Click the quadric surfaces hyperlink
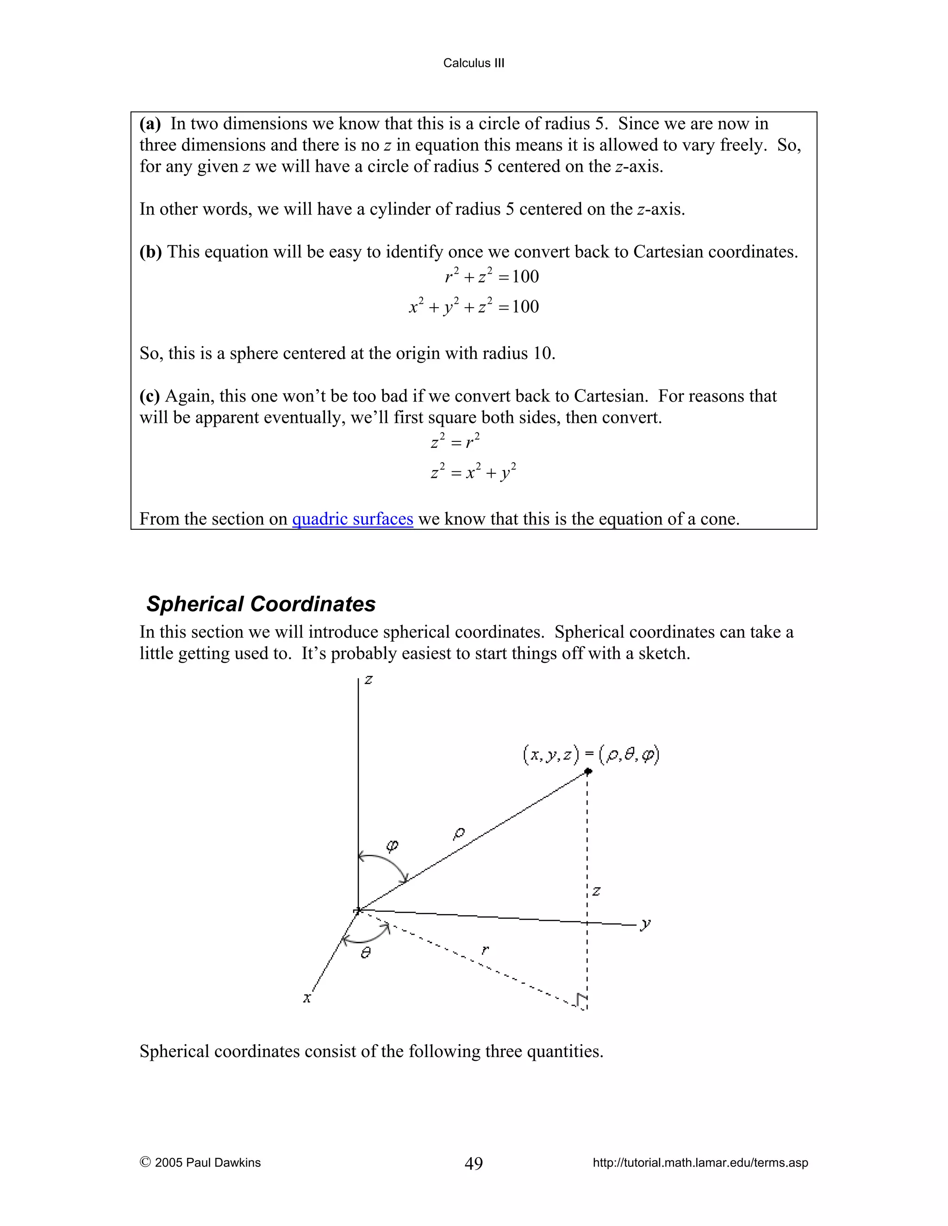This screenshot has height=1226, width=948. [x=352, y=519]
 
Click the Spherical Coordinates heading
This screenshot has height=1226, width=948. [x=261, y=604]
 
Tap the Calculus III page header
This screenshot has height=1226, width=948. [x=474, y=63]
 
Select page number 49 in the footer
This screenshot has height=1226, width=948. [x=474, y=1163]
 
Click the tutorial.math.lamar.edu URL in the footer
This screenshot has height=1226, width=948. [x=700, y=1163]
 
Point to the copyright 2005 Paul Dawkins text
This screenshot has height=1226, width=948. [x=200, y=1163]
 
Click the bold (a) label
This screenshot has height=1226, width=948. [x=150, y=124]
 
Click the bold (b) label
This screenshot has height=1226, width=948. [x=150, y=252]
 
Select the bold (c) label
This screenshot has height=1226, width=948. [x=150, y=396]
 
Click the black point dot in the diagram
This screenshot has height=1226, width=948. [x=588, y=771]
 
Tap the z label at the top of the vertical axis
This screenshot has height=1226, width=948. [x=368, y=680]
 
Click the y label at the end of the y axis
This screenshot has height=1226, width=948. [x=646, y=924]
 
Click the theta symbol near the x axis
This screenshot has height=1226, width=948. [x=366, y=953]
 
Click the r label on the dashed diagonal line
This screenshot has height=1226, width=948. [x=485, y=949]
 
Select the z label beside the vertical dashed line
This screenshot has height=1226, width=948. [x=596, y=891]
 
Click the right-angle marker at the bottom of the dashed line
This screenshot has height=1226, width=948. [x=581, y=1000]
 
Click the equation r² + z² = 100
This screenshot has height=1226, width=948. [x=492, y=276]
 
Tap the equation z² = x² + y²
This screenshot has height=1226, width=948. [x=474, y=472]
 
